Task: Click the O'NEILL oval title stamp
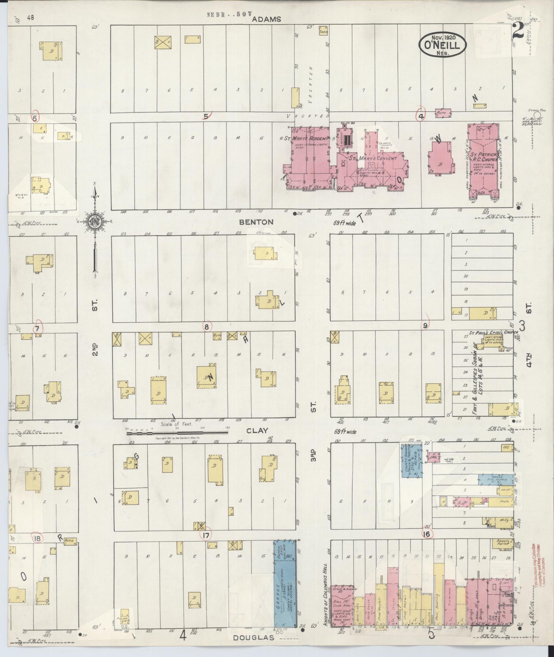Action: [x=442, y=45]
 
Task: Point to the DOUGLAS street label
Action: [x=254, y=638]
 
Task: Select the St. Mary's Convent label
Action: [x=372, y=159]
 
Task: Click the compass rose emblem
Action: [x=94, y=221]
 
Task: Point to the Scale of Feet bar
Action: [x=177, y=433]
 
